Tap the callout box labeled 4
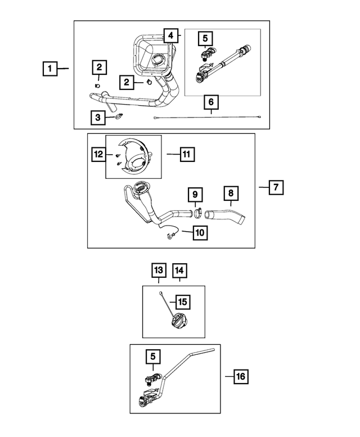coord(170,35)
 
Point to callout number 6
coord(211,102)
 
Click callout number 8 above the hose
coord(229,194)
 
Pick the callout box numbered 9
coord(195,195)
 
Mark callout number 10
coord(201,231)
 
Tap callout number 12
coord(99,152)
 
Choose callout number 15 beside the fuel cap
coord(182,302)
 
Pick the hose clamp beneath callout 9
coord(197,213)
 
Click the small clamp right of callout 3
coord(119,117)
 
